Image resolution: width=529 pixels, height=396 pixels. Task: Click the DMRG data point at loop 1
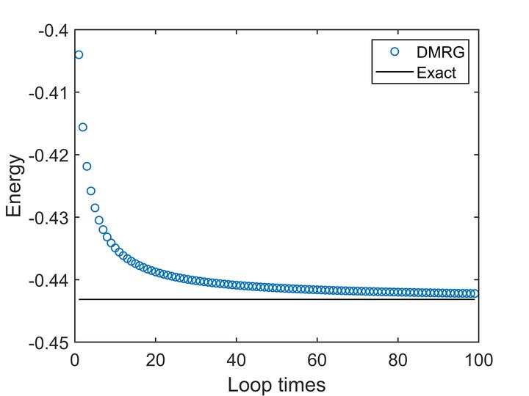pos(79,55)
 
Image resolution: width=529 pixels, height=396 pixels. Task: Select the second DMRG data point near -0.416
pos(83,127)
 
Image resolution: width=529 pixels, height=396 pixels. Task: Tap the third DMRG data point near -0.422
pos(87,166)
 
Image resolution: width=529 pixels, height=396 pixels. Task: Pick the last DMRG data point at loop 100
pos(475,293)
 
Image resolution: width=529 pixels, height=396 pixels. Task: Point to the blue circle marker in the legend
pos(394,51)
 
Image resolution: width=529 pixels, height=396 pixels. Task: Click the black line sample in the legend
pos(394,72)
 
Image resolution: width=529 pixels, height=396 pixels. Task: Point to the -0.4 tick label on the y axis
pos(54,31)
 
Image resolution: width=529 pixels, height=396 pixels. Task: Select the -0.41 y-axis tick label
pos(51,93)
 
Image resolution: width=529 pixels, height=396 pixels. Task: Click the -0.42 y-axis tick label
pos(51,155)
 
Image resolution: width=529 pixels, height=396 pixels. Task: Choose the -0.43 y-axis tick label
pos(51,218)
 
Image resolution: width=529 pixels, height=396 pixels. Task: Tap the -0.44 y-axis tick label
pos(51,280)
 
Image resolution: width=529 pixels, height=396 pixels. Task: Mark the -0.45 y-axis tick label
pos(51,342)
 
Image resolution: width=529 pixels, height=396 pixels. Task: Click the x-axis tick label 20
pos(155,360)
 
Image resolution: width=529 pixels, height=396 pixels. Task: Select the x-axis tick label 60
pos(317,360)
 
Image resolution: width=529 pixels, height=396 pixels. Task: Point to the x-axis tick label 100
pos(478,360)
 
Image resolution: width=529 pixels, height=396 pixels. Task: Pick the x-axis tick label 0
pos(75,360)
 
